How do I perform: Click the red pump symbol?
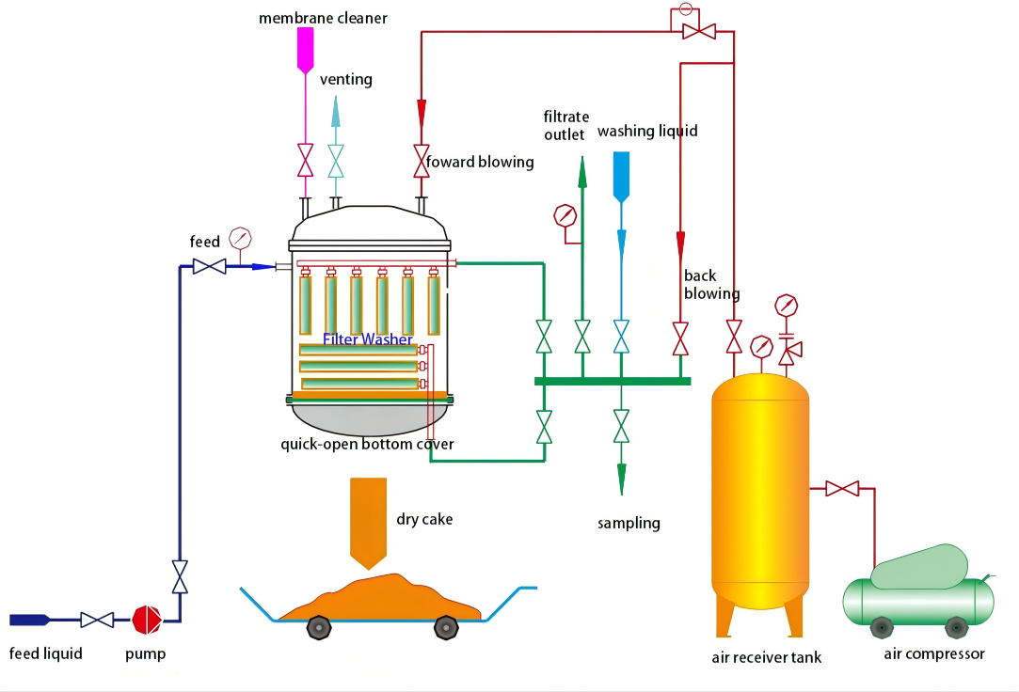147,620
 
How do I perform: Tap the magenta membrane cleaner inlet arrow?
306,50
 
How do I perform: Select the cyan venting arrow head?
336,110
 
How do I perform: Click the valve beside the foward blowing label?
421,161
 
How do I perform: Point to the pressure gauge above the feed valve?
240,237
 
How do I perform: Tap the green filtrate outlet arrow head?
581,172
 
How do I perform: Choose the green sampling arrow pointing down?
621,478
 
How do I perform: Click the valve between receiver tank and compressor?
842,489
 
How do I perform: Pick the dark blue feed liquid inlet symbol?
29,620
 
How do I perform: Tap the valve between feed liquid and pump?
97,620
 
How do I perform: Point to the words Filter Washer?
367,339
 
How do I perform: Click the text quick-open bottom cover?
367,444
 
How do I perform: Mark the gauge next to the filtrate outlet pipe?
565,215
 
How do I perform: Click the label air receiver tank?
766,657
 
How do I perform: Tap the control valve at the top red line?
698,31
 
